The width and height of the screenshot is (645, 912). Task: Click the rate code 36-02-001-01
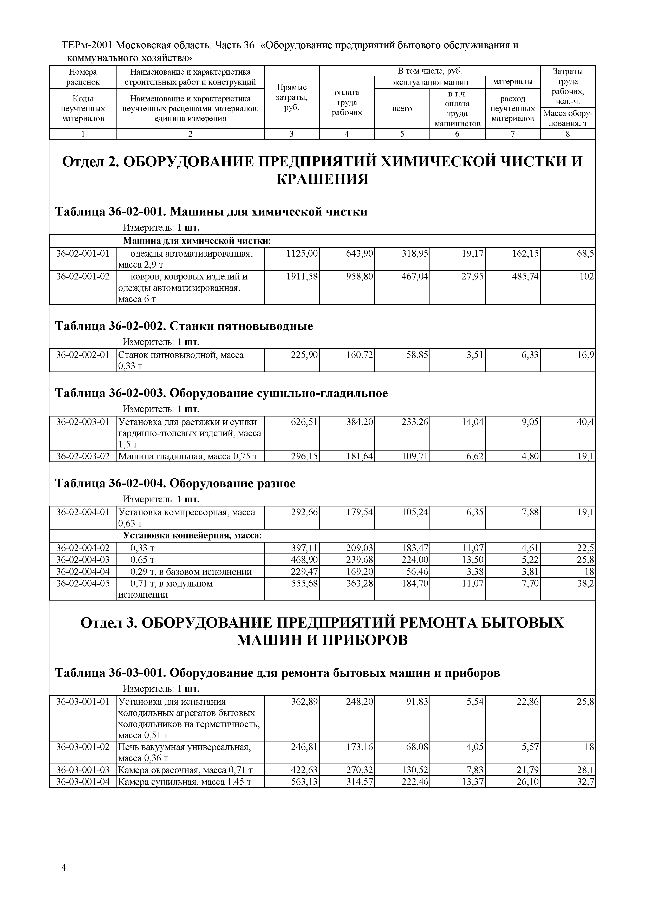click(x=83, y=253)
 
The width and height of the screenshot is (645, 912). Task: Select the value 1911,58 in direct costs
click(x=302, y=276)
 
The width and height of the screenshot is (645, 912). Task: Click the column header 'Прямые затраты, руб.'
click(x=291, y=97)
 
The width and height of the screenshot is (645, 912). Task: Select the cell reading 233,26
click(x=415, y=422)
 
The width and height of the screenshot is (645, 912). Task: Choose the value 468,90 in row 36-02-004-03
click(x=304, y=560)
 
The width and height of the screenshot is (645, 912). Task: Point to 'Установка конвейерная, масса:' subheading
click(x=192, y=536)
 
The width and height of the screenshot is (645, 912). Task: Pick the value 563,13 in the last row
click(x=304, y=782)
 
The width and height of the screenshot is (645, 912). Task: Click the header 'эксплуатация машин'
click(x=430, y=82)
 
